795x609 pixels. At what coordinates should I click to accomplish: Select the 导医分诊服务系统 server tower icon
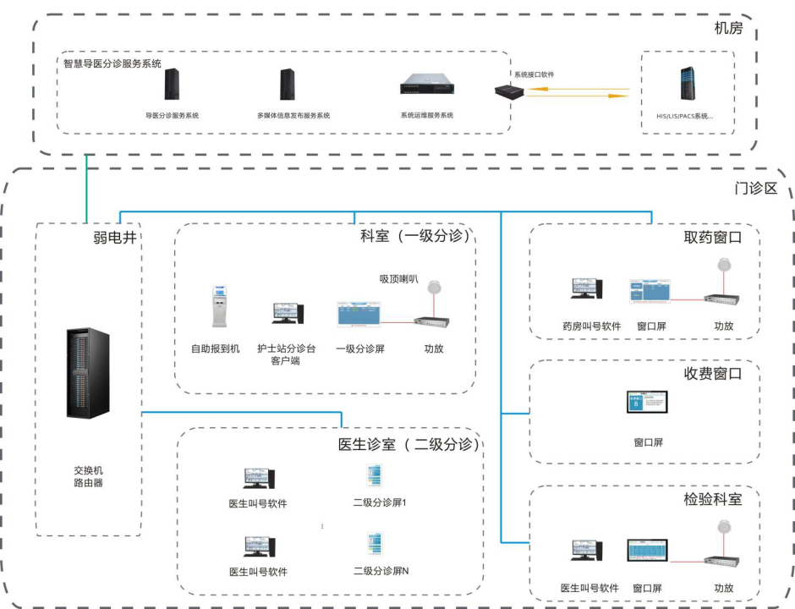coord(173,85)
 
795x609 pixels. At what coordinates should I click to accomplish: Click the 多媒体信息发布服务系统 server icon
coord(287,85)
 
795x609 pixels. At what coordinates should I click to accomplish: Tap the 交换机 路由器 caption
coord(88,476)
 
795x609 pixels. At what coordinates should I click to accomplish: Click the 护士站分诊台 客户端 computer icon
coord(286,313)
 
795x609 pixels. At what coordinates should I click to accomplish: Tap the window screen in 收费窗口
coord(647,403)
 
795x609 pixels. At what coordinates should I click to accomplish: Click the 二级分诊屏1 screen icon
coord(373,475)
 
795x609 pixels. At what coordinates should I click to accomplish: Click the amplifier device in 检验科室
coord(723,561)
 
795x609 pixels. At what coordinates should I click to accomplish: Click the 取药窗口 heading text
coord(712,238)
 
